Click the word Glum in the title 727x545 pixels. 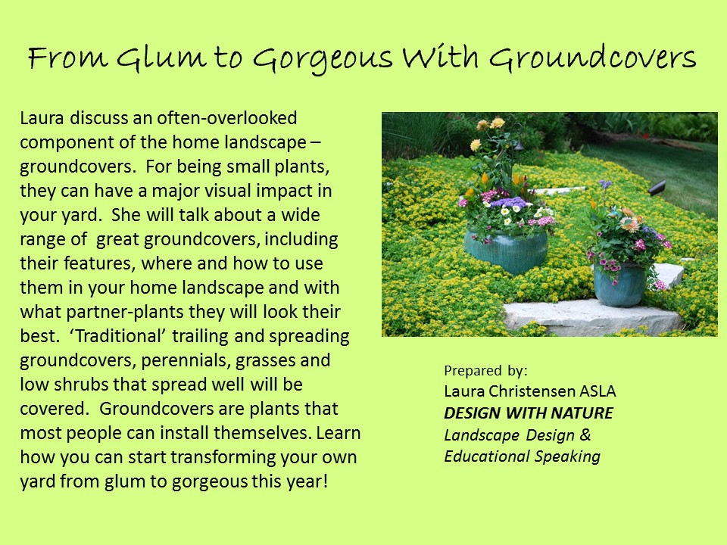[161, 58]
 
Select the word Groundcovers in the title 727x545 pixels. [592, 58]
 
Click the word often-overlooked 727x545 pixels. [226, 118]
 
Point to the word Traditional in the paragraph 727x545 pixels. [118, 335]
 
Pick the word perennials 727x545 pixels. [186, 361]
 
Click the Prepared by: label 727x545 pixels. [485, 371]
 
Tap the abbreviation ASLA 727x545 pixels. [598, 391]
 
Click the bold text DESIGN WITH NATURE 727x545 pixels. [529, 413]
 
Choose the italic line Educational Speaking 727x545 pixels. [522, 456]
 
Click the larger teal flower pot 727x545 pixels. [507, 251]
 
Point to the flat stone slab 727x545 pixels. [592, 317]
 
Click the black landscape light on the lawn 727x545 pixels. [657, 188]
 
